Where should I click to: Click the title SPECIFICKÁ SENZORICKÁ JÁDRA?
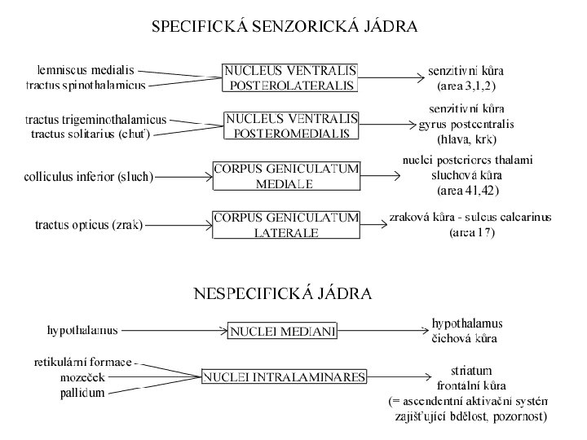(285, 27)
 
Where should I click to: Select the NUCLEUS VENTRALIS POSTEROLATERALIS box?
(290, 77)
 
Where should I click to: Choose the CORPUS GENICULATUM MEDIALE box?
(285, 176)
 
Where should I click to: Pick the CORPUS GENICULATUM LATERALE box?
(285, 225)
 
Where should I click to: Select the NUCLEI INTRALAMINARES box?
(285, 376)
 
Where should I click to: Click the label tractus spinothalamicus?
(86, 84)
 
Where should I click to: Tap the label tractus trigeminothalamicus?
(95, 119)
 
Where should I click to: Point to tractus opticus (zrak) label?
(89, 225)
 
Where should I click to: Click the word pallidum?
(82, 393)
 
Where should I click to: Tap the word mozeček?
(83, 376)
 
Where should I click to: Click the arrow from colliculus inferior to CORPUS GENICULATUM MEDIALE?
(183, 176)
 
